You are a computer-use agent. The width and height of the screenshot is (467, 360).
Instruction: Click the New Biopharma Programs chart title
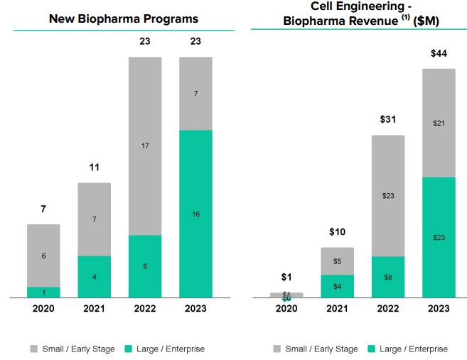click(x=123, y=18)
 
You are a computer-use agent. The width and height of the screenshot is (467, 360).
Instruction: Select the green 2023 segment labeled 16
click(x=195, y=213)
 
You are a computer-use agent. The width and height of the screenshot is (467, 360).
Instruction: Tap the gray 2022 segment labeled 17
click(x=145, y=146)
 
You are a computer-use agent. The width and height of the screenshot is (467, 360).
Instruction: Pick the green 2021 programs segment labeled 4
click(x=94, y=276)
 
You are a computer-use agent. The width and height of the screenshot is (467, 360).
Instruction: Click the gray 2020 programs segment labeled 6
click(x=43, y=256)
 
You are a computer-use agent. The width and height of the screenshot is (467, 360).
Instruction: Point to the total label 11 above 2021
click(x=94, y=168)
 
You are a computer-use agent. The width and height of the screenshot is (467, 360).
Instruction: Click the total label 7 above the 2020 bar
click(x=43, y=209)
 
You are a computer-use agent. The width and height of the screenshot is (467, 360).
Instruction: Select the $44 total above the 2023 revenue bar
click(x=439, y=53)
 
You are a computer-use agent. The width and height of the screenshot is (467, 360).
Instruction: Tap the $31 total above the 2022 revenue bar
click(x=387, y=119)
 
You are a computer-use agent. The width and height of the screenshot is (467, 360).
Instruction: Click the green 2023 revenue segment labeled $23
click(x=439, y=237)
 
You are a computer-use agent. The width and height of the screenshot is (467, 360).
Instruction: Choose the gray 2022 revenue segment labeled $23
click(x=387, y=195)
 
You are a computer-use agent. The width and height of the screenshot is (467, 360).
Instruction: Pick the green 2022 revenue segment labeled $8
click(x=387, y=277)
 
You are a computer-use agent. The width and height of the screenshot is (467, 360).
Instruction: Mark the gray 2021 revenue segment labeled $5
click(x=337, y=261)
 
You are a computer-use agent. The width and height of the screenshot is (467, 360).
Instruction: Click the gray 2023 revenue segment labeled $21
click(x=439, y=123)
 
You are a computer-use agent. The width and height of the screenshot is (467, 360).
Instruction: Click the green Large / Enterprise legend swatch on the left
click(x=129, y=349)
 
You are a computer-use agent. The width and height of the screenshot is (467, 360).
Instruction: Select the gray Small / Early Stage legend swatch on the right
click(x=277, y=349)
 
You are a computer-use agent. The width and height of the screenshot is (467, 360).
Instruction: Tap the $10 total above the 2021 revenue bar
click(x=337, y=232)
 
